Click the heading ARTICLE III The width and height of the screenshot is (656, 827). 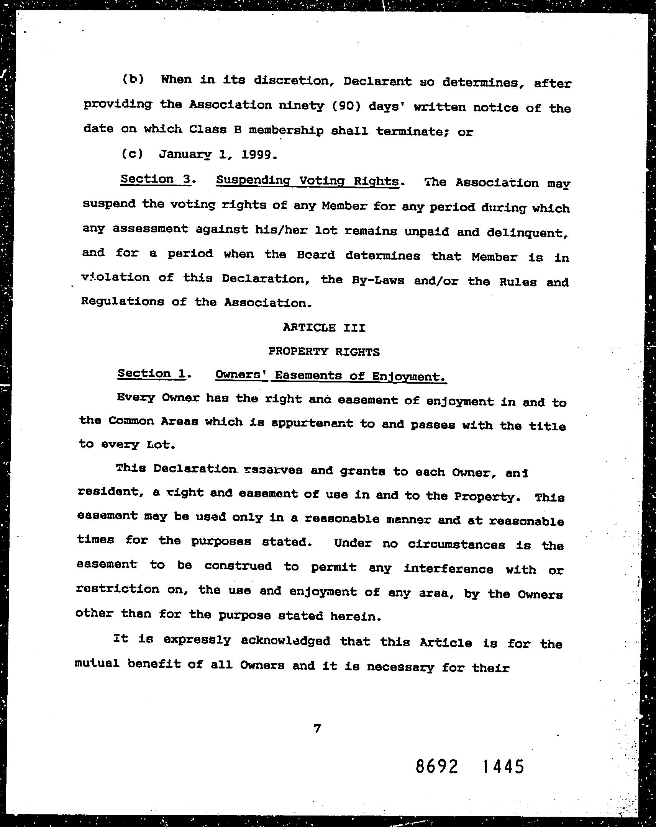(324, 328)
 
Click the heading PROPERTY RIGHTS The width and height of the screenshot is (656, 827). (324, 351)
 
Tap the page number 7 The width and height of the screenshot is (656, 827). (317, 729)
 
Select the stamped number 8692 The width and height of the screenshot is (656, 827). (437, 767)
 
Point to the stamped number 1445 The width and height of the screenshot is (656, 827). (503, 767)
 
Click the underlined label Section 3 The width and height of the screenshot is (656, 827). (156, 180)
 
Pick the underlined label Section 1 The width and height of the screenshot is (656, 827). (152, 374)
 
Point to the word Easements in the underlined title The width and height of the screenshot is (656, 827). (308, 376)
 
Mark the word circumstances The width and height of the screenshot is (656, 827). (456, 544)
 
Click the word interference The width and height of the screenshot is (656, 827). (448, 569)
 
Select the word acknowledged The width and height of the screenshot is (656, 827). (285, 641)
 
